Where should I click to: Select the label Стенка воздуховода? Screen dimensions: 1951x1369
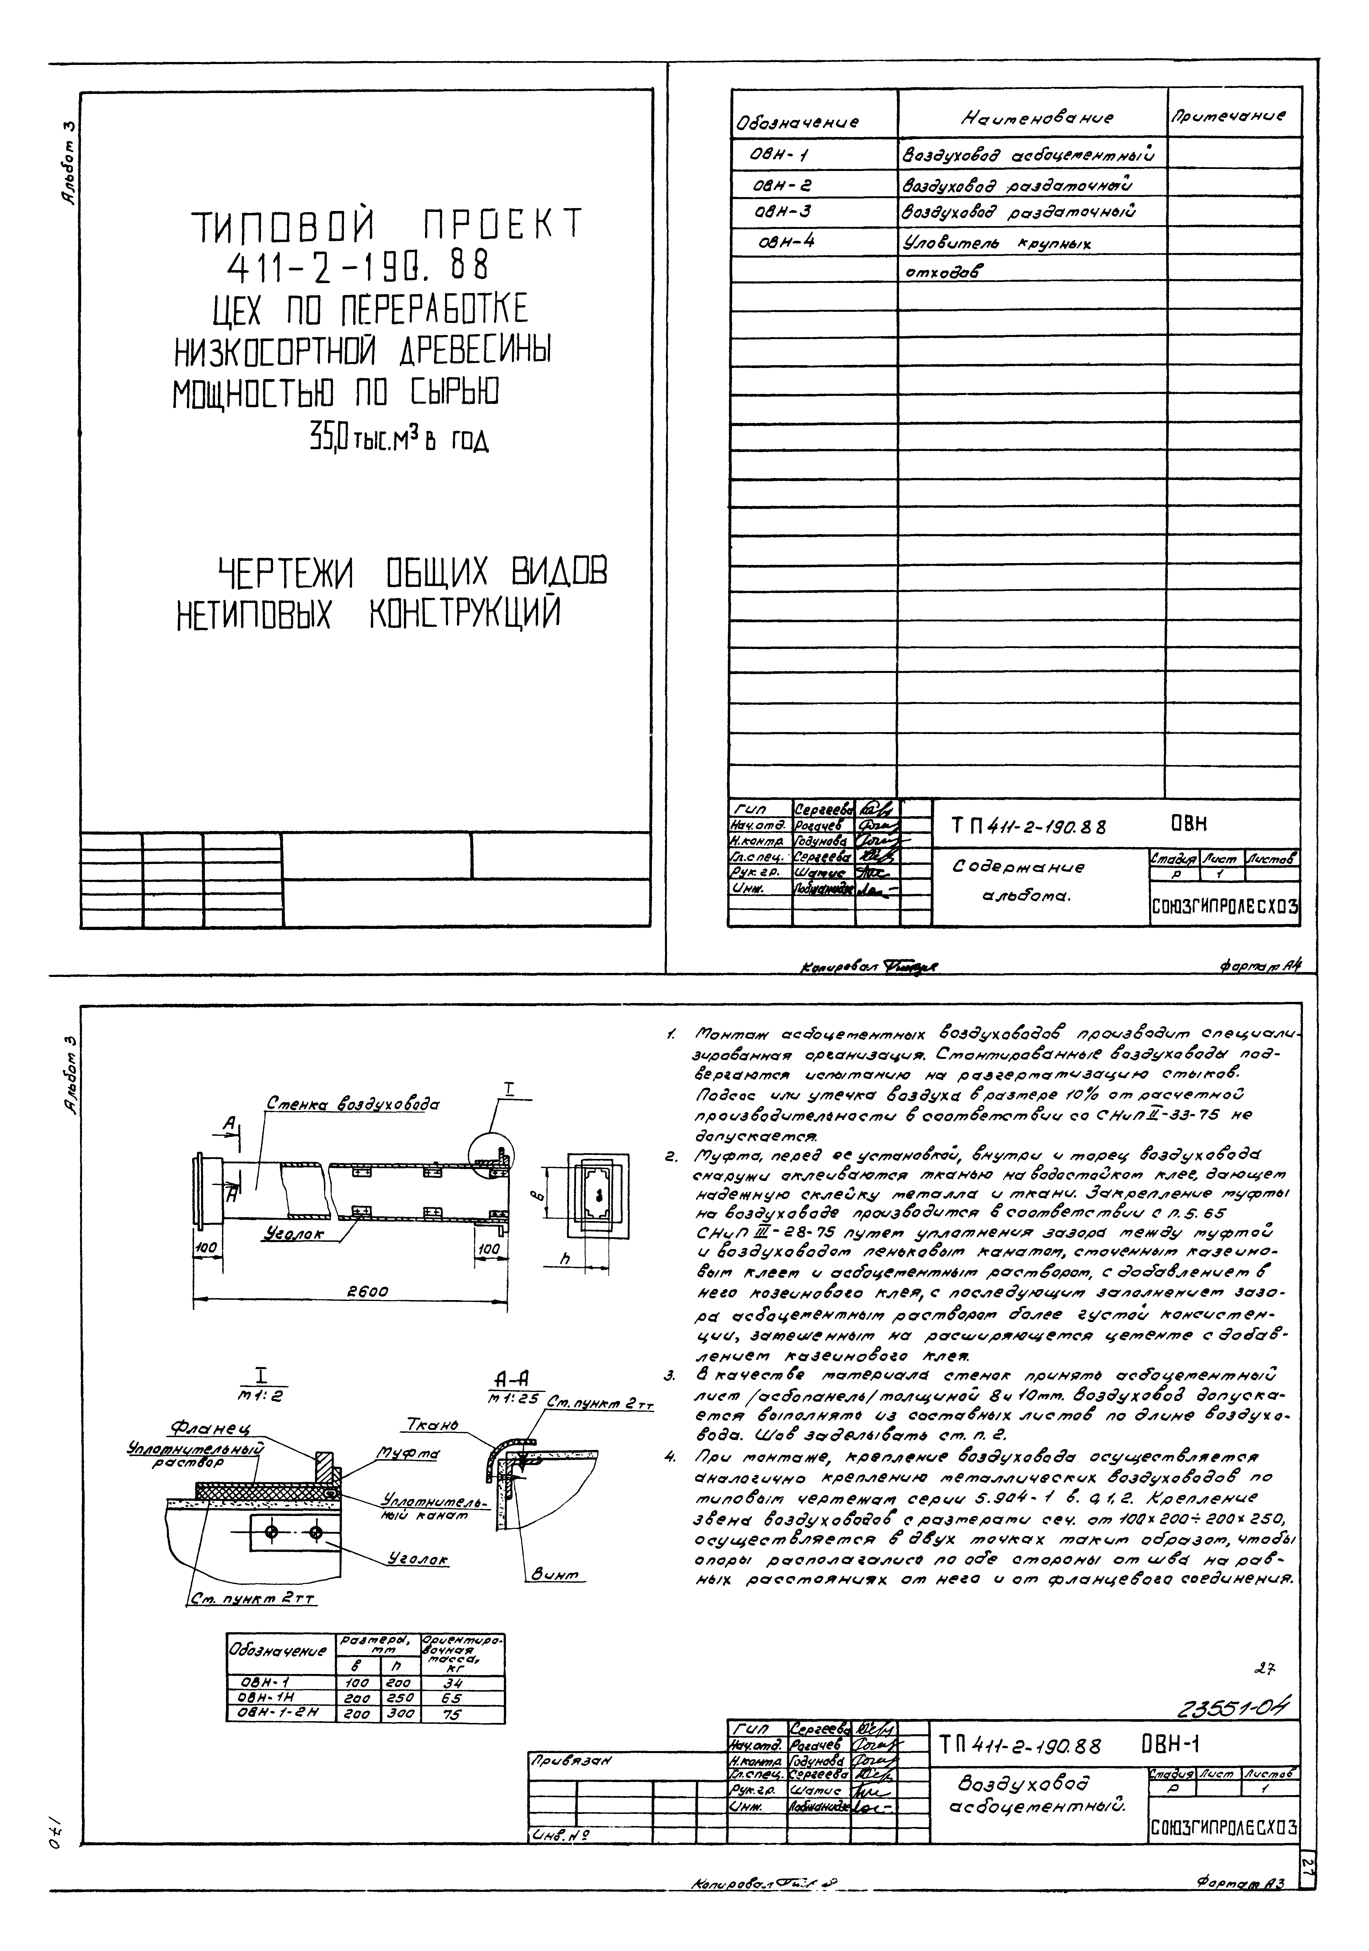[353, 1104]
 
